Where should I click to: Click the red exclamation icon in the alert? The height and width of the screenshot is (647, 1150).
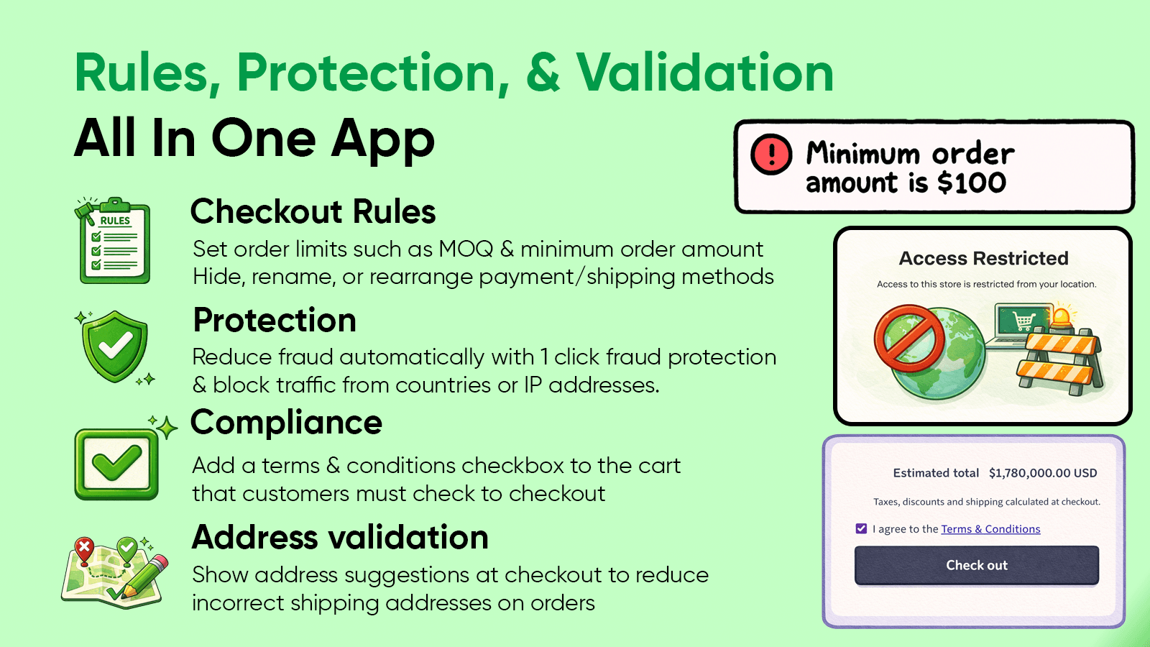[x=771, y=154]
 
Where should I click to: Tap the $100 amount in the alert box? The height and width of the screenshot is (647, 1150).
[x=972, y=183]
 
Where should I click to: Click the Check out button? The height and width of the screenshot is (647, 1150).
[x=976, y=565]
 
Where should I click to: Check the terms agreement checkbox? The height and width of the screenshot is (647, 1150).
[x=861, y=529]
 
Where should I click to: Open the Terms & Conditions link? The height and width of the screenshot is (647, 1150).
[x=990, y=529]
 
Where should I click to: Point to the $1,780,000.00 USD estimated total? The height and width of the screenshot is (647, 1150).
[x=1043, y=473]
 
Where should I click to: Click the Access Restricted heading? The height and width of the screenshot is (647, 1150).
[x=983, y=258]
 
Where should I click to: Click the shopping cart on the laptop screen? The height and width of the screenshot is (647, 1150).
[x=1023, y=319]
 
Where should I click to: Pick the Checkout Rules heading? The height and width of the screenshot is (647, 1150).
[x=313, y=212]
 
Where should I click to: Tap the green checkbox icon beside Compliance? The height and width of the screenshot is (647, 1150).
[x=116, y=464]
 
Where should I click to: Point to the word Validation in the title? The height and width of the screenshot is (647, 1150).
[x=704, y=73]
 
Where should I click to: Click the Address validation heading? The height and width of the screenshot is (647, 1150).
[x=340, y=538]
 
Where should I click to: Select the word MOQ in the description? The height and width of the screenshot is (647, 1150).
[x=466, y=249]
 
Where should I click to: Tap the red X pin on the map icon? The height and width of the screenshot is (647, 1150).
[x=85, y=549]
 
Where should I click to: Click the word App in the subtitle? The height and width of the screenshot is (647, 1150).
[x=382, y=139]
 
